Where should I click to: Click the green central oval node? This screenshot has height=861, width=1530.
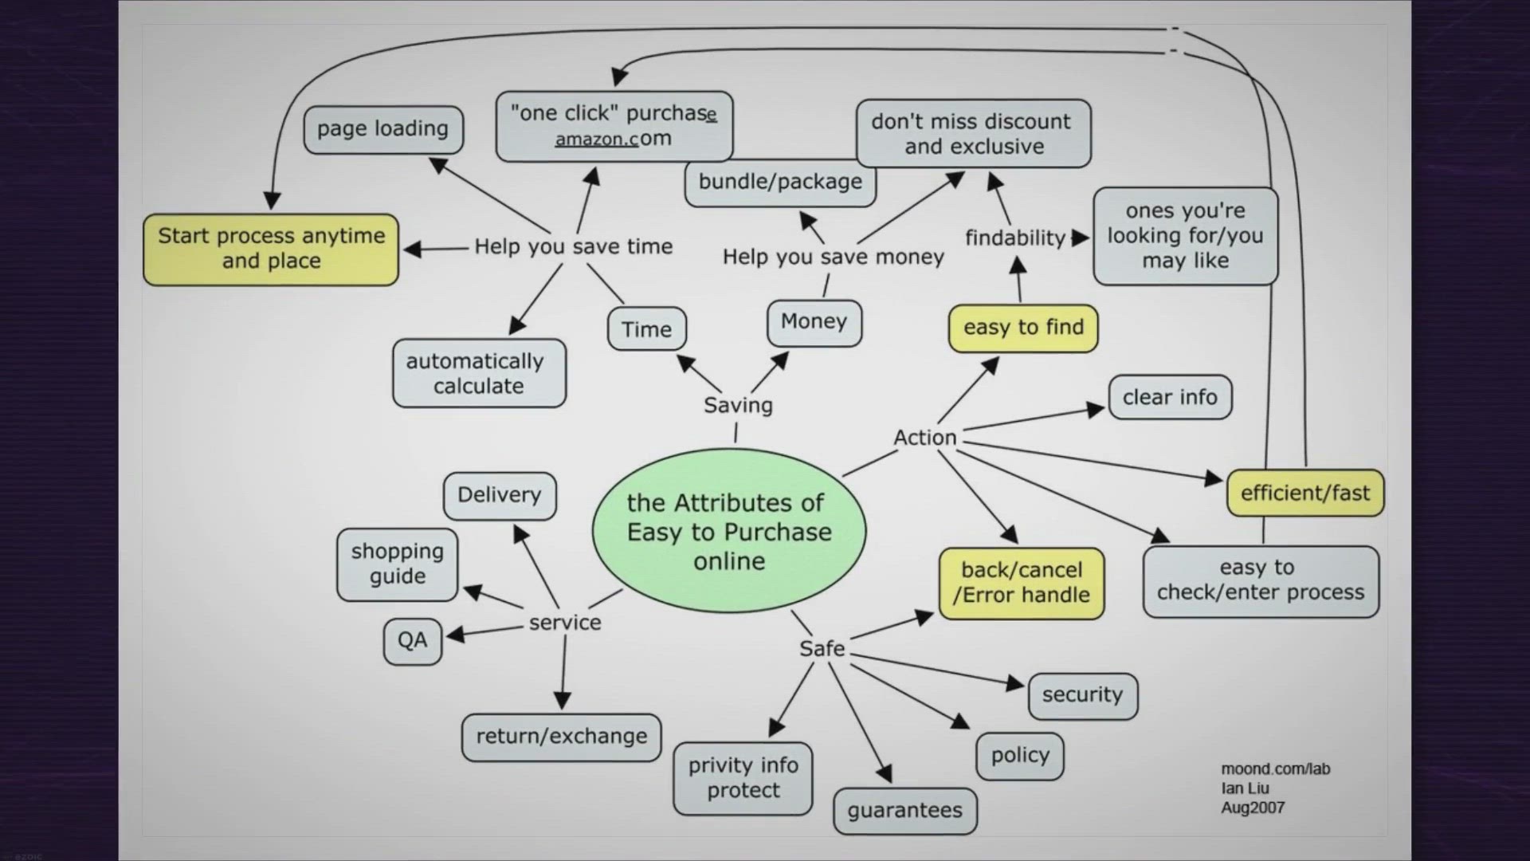tap(728, 531)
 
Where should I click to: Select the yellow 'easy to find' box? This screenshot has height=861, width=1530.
tap(1023, 328)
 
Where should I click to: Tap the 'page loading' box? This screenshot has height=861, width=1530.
tap(383, 129)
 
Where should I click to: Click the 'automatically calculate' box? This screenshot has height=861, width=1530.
tap(479, 373)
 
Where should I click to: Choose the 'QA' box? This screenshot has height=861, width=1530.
tap(412, 640)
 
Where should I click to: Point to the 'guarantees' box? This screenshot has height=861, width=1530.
tap(905, 810)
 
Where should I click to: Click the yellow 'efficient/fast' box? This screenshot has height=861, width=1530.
tap(1305, 493)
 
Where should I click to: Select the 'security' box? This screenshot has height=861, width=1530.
tap(1082, 695)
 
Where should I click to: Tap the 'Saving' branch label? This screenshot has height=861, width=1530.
tap(738, 405)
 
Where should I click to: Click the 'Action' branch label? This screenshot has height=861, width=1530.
tap(924, 438)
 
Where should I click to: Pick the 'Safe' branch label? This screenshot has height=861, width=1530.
tap(822, 649)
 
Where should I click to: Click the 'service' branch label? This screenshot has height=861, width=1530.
tap(565, 623)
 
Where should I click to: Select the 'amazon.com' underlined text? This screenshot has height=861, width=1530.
tap(612, 139)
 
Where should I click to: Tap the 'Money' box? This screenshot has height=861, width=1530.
tap(814, 321)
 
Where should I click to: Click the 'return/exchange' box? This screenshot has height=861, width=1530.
tap(561, 737)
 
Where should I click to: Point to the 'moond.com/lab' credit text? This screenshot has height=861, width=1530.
tap(1275, 769)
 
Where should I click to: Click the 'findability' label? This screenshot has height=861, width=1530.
tap(1014, 238)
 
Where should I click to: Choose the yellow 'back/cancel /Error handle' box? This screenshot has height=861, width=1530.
tap(1022, 583)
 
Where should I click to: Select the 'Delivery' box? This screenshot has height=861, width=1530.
tap(500, 495)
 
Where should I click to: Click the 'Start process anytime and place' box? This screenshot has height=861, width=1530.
tap(271, 249)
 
